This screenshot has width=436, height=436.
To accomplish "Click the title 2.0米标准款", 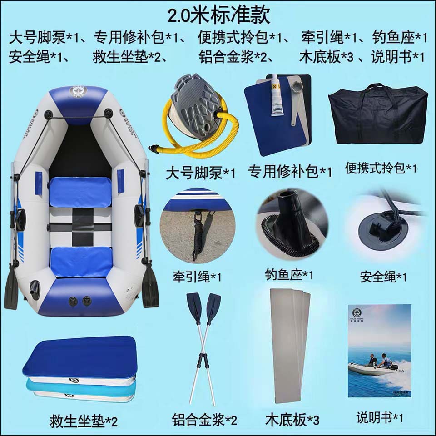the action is click(x=219, y=15).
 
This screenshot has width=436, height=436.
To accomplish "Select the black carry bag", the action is click(x=377, y=114).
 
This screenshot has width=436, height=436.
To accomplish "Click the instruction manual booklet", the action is click(x=380, y=351).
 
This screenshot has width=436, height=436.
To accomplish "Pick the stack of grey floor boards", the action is click(x=290, y=345).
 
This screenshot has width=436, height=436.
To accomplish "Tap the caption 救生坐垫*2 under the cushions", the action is click(x=84, y=421).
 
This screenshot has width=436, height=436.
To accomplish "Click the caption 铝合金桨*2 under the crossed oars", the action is click(x=204, y=420).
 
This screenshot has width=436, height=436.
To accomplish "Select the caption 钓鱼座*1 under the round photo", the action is click(x=289, y=275).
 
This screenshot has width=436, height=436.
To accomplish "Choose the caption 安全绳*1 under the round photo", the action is click(x=383, y=277).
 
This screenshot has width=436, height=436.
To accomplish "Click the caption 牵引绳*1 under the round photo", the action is click(x=197, y=277).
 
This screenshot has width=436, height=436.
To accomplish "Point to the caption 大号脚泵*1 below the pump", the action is click(x=200, y=173).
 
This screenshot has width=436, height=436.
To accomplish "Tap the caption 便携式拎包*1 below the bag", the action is click(x=381, y=168).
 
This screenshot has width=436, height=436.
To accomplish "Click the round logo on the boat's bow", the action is click(x=78, y=91).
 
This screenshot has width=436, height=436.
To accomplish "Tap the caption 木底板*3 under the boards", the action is click(x=292, y=420).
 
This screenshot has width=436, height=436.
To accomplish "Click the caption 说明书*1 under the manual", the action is click(x=380, y=417).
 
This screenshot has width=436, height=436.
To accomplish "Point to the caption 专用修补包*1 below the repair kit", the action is click(x=290, y=171).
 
